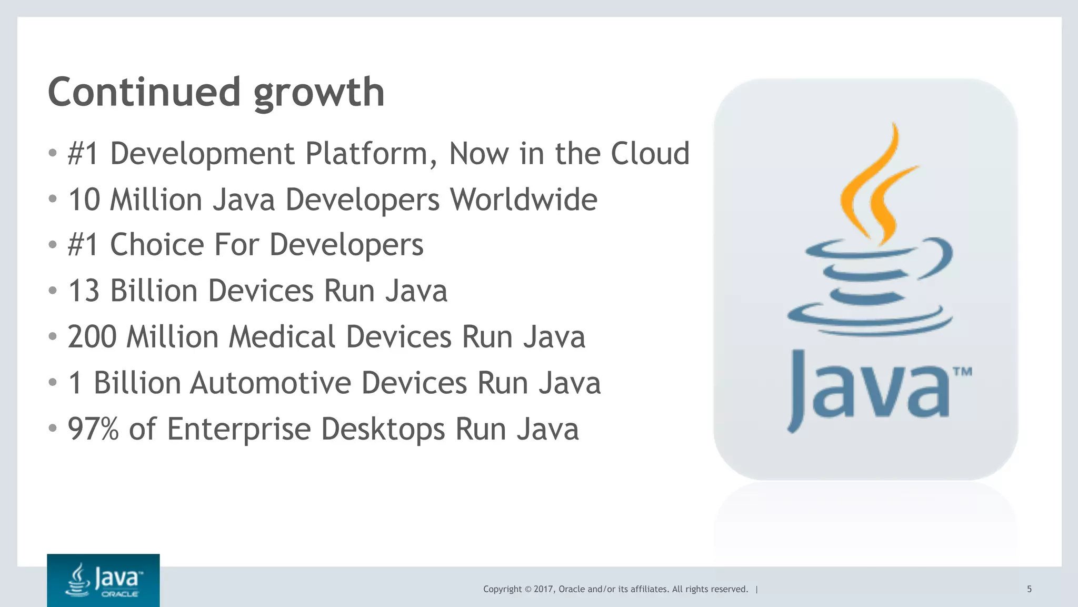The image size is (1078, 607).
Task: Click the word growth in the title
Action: pyautogui.click(x=319, y=93)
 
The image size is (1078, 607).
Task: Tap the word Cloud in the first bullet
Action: pyautogui.click(x=650, y=154)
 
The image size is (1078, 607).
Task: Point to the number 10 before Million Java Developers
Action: pyautogui.click(x=84, y=200)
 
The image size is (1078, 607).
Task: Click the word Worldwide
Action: pyautogui.click(x=523, y=200)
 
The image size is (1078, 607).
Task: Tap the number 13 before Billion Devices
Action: pyautogui.click(x=84, y=291)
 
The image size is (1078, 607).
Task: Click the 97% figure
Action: pyautogui.click(x=93, y=429)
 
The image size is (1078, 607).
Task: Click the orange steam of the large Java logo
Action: pyautogui.click(x=874, y=184)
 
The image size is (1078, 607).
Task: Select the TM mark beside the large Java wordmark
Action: pyautogui.click(x=962, y=372)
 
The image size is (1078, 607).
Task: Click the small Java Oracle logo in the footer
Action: pyautogui.click(x=103, y=580)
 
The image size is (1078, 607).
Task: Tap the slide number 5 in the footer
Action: pyautogui.click(x=1029, y=589)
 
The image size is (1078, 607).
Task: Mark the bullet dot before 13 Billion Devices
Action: pyautogui.click(x=52, y=291)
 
